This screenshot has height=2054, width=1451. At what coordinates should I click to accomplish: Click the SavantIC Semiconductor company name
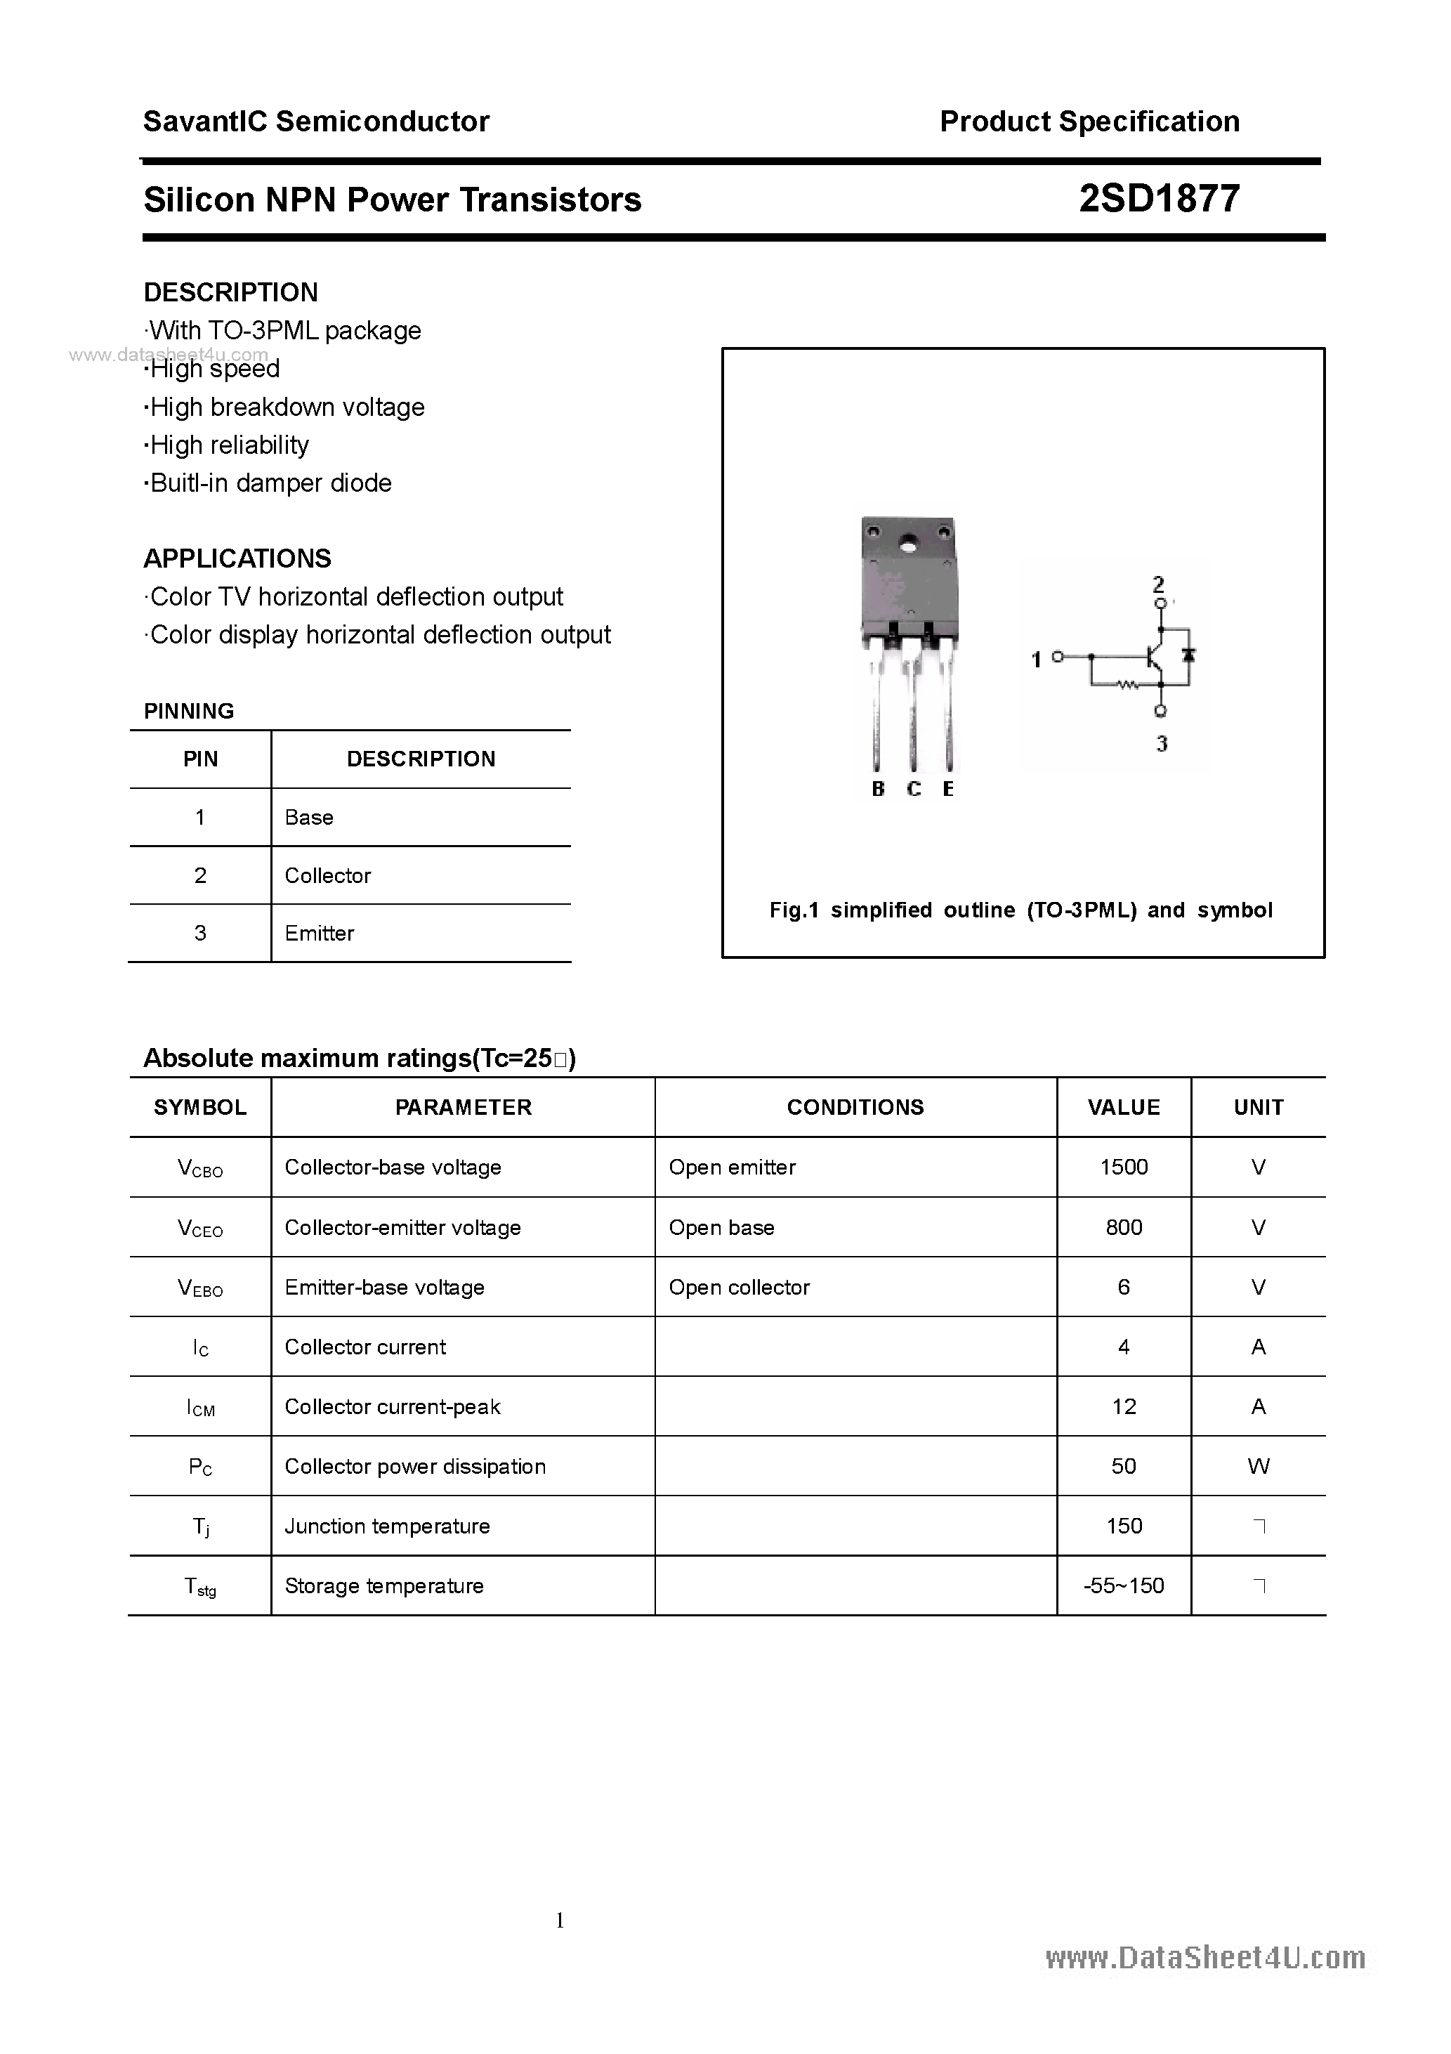pos(316,122)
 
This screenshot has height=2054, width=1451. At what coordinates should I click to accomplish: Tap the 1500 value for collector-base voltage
pos(1124,1167)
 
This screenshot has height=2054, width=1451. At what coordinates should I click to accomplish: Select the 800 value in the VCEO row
pos(1124,1227)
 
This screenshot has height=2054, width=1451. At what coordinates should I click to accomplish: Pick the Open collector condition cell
pos(739,1288)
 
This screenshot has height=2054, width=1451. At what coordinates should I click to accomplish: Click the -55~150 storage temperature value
pos(1124,1586)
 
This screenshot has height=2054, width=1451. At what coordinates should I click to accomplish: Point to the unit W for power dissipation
pos(1258,1466)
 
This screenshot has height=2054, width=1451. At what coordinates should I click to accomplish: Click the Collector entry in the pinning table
pos(327,876)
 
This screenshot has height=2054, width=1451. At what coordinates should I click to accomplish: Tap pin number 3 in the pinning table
pos(200,933)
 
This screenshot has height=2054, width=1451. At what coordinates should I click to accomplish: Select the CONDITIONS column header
pos(855,1108)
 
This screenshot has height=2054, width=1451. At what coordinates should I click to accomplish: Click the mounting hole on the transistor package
pos(910,542)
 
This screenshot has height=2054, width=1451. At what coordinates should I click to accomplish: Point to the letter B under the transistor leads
pos(878,789)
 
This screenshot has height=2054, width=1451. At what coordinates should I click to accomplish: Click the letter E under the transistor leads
pos(948,789)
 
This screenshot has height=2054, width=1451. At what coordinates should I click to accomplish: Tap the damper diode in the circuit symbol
pos(1188,655)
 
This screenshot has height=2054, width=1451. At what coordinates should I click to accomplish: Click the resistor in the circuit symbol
pos(1127,686)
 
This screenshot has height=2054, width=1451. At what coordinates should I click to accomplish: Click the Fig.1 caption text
pos(1020,910)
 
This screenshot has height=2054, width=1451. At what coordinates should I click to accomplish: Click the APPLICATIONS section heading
pos(237,559)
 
